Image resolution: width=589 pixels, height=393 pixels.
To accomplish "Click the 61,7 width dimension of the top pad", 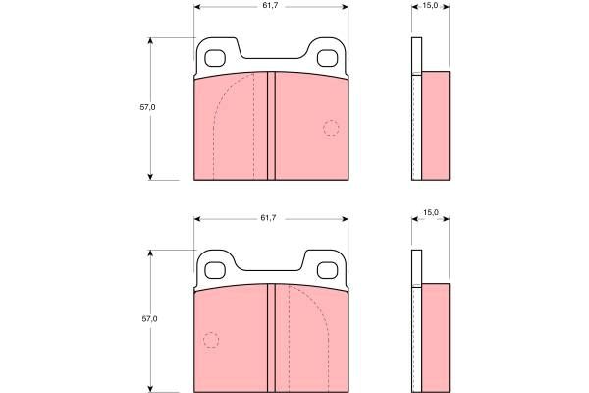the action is click(x=270, y=6).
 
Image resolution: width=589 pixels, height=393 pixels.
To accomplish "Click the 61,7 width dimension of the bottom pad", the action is click(x=268, y=218).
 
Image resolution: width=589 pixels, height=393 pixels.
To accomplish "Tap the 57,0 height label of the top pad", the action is click(x=147, y=107).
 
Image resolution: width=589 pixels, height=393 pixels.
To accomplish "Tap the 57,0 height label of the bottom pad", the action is click(x=149, y=319).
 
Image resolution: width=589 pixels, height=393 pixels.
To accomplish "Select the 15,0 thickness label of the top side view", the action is click(x=430, y=6).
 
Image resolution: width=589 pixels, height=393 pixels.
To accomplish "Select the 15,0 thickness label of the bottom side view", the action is click(x=431, y=212).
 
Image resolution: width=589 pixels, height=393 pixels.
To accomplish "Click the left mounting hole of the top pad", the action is click(x=215, y=58).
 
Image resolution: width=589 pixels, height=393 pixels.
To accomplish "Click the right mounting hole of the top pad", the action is click(x=328, y=58).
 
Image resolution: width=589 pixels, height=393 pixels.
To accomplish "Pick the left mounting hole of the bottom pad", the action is click(x=215, y=270).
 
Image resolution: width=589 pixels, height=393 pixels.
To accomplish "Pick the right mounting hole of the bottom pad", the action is click(x=328, y=270).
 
